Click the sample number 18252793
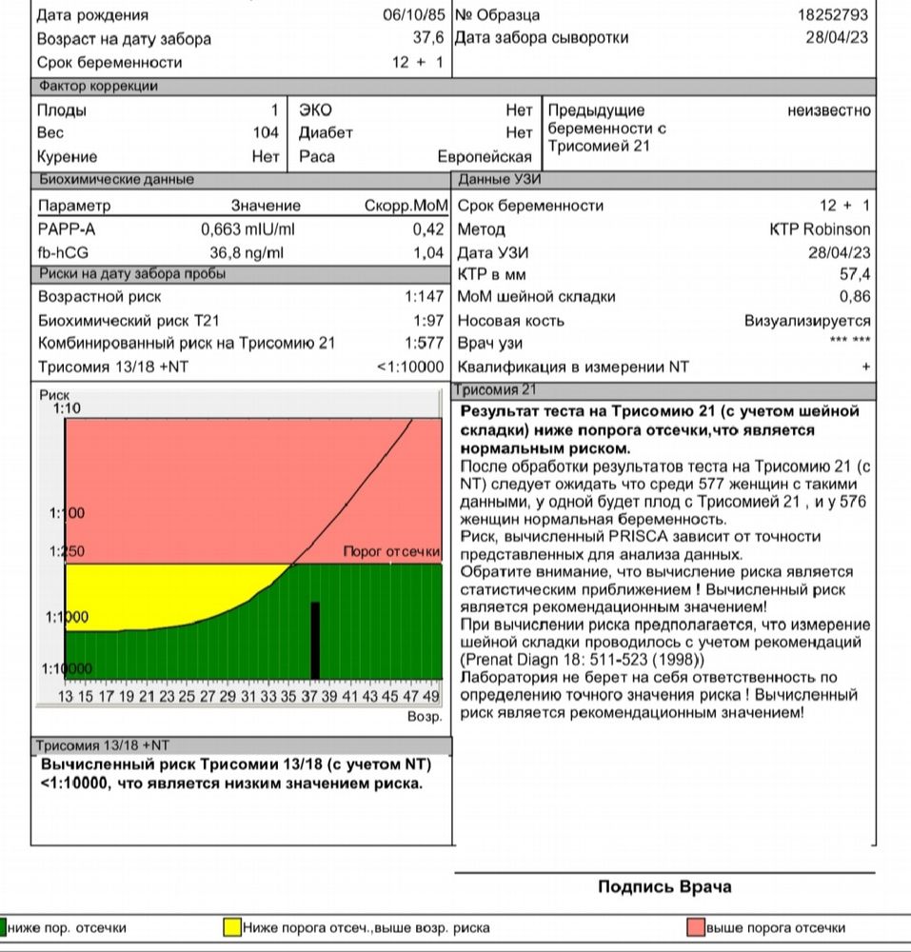point(834,15)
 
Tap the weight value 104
point(267,133)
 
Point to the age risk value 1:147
point(425,297)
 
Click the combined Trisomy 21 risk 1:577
point(425,344)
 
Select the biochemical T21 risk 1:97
point(428,321)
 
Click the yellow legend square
point(231,927)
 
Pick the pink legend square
point(696,927)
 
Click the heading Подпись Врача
point(664,887)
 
